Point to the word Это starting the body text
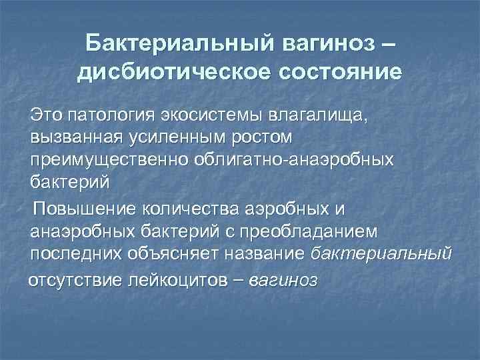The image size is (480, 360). pos(46,117)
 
